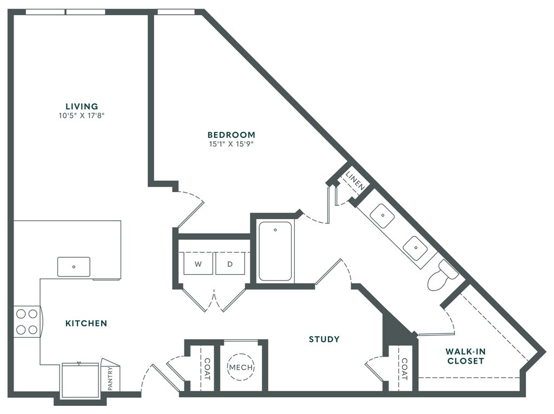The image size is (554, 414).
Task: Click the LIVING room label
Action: click(82, 106)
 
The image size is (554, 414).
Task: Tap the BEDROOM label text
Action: click(231, 135)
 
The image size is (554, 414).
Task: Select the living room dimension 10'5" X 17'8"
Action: click(82, 115)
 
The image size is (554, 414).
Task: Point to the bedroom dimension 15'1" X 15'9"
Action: click(231, 144)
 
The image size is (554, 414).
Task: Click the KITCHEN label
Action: click(86, 324)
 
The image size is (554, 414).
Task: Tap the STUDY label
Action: click(324, 339)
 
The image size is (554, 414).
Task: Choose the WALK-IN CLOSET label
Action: click(465, 356)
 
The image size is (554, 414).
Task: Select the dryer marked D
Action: click(229, 264)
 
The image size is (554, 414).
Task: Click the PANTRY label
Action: click(110, 378)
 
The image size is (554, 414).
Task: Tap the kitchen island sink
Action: click(74, 267)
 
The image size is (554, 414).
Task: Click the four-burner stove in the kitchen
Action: click(27, 321)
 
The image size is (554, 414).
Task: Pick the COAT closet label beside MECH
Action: click(207, 367)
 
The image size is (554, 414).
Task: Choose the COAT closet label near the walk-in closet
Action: click(404, 369)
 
